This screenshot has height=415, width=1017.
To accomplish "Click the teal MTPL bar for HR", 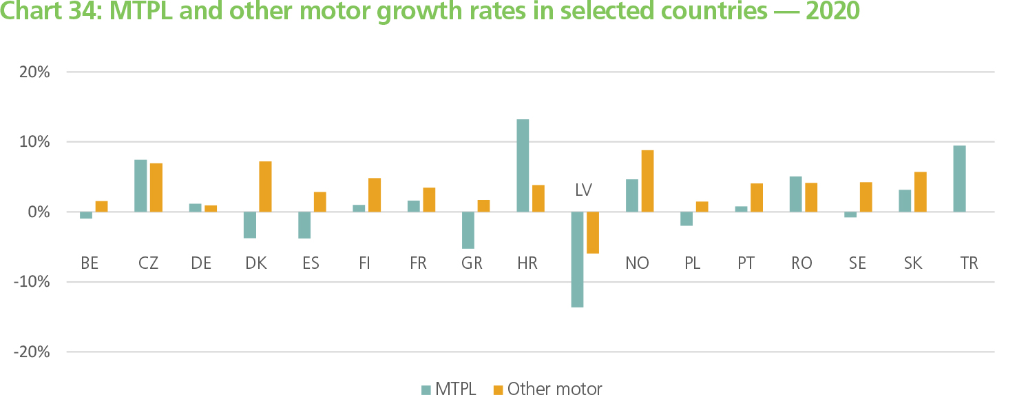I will pos(523,165).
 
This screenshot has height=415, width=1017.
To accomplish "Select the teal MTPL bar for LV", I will pos(577,259).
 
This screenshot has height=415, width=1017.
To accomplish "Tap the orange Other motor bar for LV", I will pos(593,232).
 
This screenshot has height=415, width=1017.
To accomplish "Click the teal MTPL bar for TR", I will pos(960,179).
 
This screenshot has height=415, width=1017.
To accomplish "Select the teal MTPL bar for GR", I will pos(468,230).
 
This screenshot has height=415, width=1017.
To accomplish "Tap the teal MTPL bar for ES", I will pos(304,225).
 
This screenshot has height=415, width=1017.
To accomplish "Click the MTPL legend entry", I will pos(448,389).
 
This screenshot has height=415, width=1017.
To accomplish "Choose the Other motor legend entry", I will pos(547,389).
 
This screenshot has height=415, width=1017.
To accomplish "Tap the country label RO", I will pos(802,263).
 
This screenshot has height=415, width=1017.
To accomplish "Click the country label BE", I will pos(89,263).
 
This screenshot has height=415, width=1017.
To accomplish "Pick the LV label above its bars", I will pos(584,190).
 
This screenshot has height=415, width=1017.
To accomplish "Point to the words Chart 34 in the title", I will pos(49,12).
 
